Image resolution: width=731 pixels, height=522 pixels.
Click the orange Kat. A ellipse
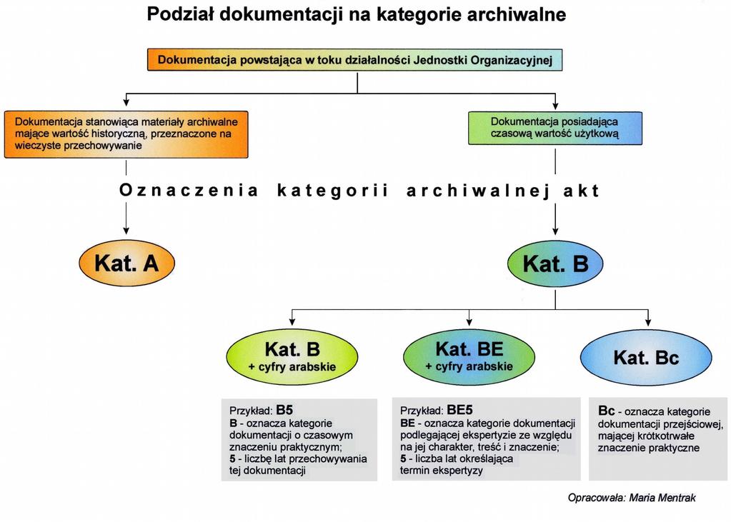click(126, 263)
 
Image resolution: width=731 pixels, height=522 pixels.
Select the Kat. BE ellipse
click(469, 356)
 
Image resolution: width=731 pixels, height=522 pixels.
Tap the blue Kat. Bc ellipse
click(646, 358)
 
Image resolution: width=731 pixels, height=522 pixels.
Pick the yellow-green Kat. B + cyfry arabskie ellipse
click(292, 356)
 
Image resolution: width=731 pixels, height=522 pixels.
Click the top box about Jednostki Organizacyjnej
click(354, 60)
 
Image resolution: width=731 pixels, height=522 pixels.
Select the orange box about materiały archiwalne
click(126, 134)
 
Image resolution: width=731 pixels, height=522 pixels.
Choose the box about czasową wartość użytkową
click(555, 128)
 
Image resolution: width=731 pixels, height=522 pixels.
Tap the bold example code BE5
click(459, 410)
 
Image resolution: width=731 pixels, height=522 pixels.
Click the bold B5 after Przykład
click(284, 410)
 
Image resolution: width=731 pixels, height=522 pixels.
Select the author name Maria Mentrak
click(662, 498)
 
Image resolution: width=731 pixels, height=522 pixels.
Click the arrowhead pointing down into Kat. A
click(126, 230)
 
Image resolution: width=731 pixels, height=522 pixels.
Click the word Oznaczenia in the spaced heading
click(189, 190)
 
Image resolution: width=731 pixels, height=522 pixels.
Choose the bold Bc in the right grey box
click(607, 411)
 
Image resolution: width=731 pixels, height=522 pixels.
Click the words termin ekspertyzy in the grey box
click(442, 471)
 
